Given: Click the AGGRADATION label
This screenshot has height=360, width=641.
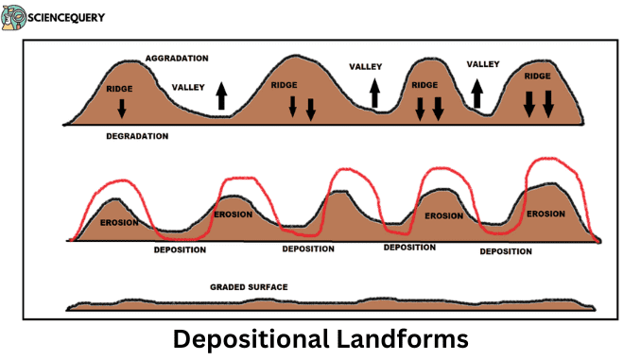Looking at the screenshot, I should pyautogui.click(x=177, y=59).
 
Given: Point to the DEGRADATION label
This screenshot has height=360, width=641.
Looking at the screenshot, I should pyautogui.click(x=136, y=136).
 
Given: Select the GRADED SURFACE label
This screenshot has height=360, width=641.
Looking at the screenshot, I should pyautogui.click(x=249, y=286).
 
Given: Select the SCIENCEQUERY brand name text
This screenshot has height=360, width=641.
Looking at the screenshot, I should pyautogui.click(x=68, y=18).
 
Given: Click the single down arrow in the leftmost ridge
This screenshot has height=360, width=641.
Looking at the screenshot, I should pyautogui.click(x=121, y=109).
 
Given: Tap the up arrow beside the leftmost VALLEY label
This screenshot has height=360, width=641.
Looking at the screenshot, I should pyautogui.click(x=221, y=95).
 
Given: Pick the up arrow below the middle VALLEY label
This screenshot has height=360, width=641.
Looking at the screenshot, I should pyautogui.click(x=374, y=93).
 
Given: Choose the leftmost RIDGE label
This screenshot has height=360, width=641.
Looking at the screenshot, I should pyautogui.click(x=120, y=89).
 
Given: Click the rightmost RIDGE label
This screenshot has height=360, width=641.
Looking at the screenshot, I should pyautogui.click(x=537, y=76).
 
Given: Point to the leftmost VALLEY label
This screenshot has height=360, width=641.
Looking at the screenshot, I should pyautogui.click(x=188, y=88).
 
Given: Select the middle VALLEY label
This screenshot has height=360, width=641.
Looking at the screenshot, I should pyautogui.click(x=365, y=67).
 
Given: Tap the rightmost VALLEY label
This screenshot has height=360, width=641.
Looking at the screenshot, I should pyautogui.click(x=483, y=64).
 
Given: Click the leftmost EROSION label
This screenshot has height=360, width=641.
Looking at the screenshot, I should pyautogui.click(x=119, y=223).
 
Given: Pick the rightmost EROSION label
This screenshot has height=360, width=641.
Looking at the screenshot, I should pyautogui.click(x=546, y=214).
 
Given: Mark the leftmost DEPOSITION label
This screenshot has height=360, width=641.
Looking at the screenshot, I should pyautogui.click(x=181, y=249).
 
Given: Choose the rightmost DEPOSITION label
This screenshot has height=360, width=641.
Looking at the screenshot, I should pyautogui.click(x=506, y=251).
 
